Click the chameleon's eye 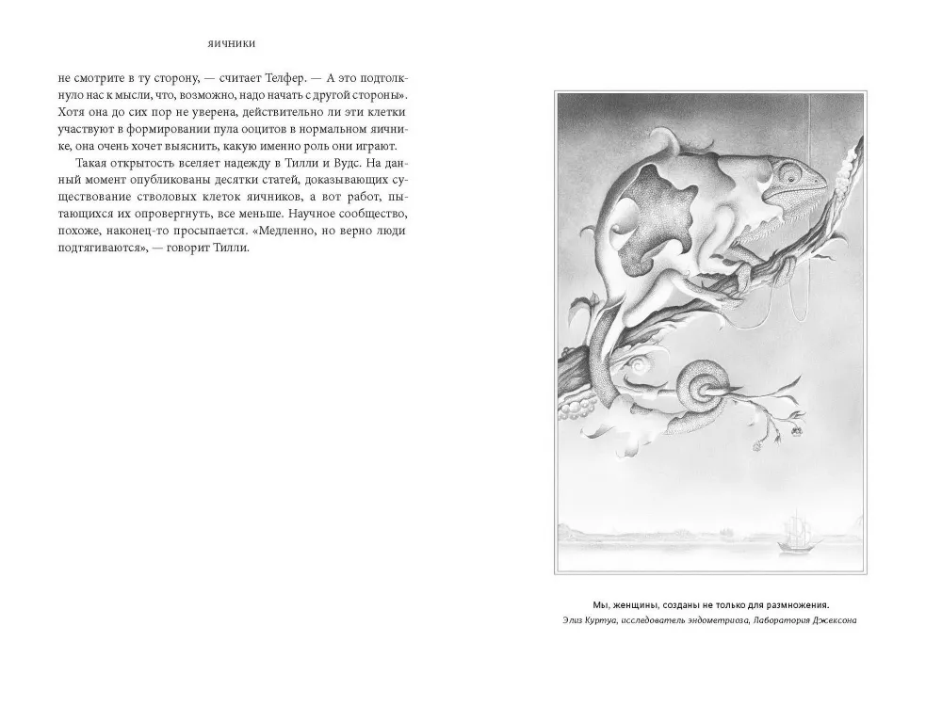(x=804, y=174)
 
